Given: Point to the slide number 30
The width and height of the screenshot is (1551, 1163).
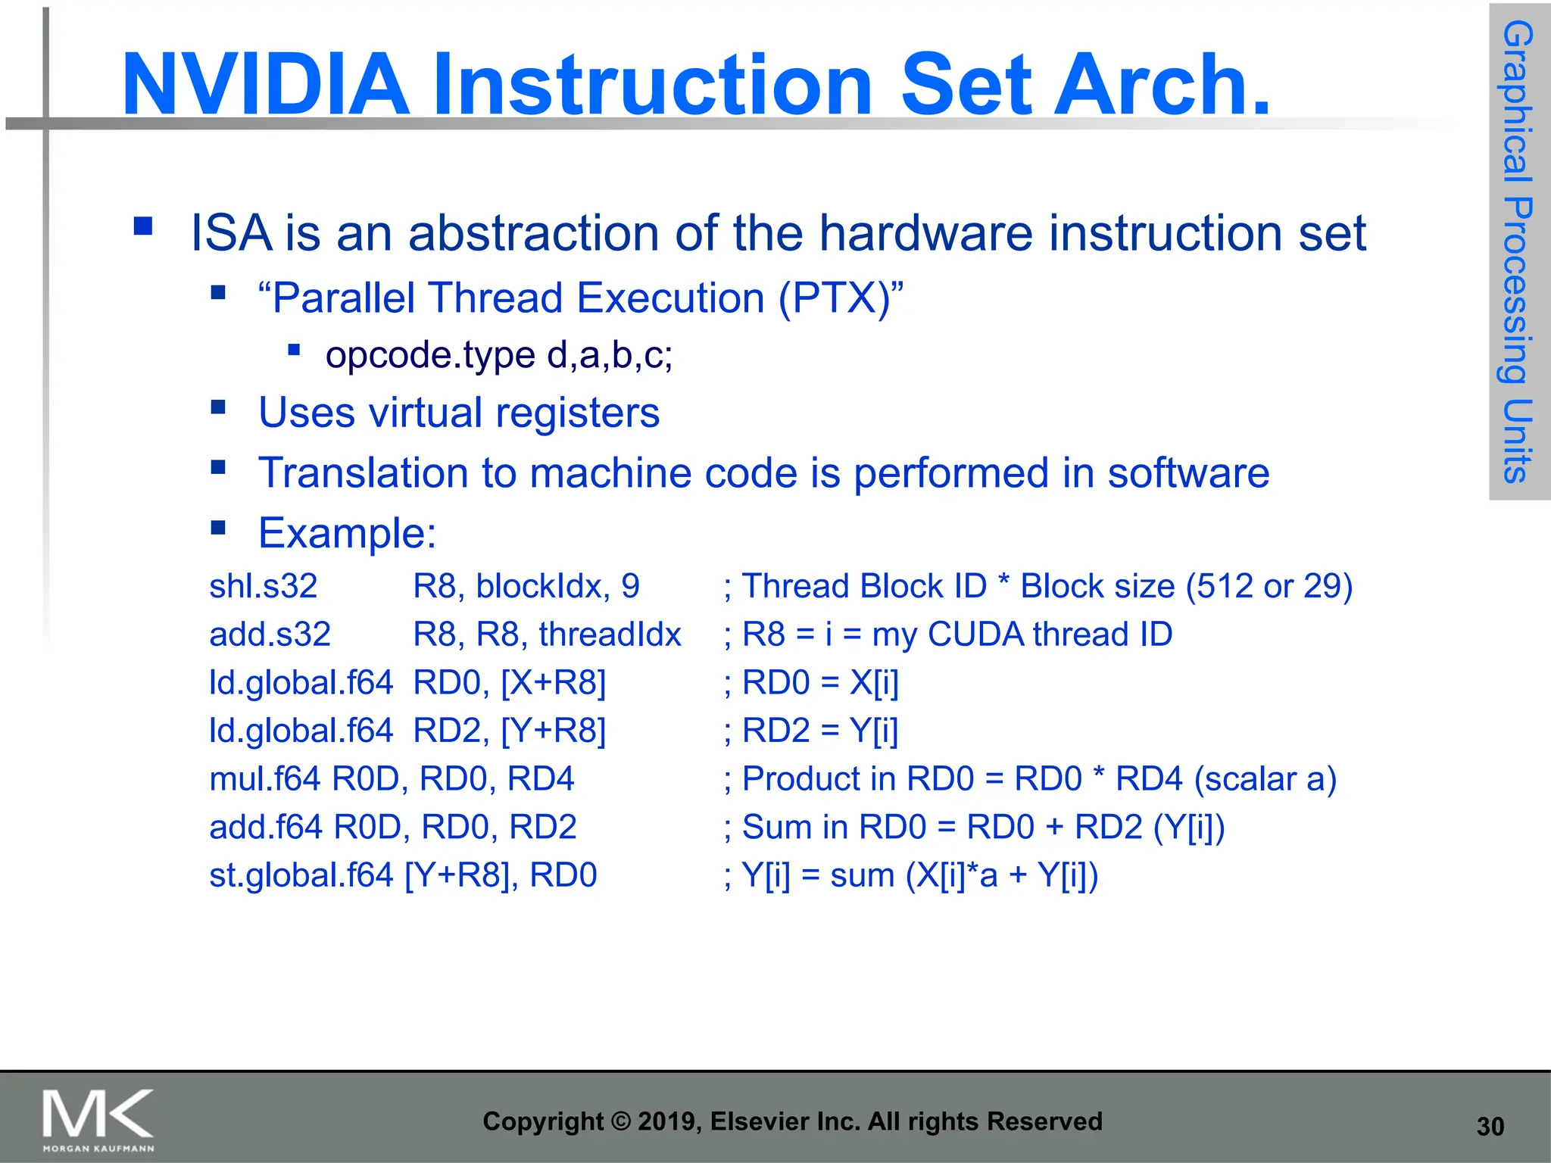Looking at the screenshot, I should pyautogui.click(x=1490, y=1127).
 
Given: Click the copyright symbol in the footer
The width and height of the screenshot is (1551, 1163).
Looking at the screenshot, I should pyautogui.click(x=620, y=1121).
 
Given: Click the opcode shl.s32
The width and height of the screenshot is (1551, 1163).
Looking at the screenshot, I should pyautogui.click(x=263, y=586).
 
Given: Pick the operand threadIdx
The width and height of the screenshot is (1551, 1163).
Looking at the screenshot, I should pyautogui.click(x=610, y=635).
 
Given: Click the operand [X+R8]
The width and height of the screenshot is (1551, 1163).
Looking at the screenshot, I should pyautogui.click(x=554, y=683).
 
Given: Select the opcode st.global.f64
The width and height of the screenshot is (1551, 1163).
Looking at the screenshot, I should pyautogui.click(x=301, y=875).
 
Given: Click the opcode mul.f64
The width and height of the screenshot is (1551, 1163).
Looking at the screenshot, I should pyautogui.click(x=265, y=779).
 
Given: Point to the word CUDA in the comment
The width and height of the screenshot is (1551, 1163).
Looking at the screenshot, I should pyautogui.click(x=975, y=635).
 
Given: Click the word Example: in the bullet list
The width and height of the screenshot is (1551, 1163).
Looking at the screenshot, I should pyautogui.click(x=348, y=533).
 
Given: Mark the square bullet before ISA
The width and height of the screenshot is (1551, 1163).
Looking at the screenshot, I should pyautogui.click(x=142, y=226).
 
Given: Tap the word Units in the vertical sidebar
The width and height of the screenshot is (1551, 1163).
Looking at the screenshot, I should pyautogui.click(x=1518, y=441).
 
